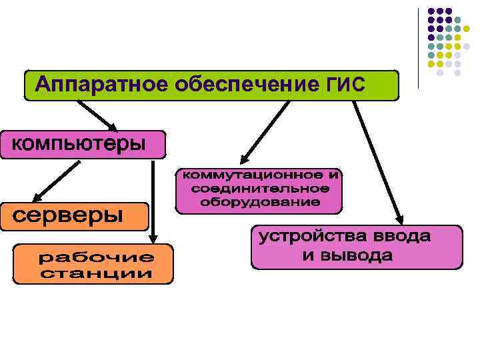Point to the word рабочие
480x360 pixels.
tap(96, 257)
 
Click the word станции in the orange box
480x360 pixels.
tap(96, 273)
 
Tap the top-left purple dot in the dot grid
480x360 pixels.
tap(431, 11)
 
